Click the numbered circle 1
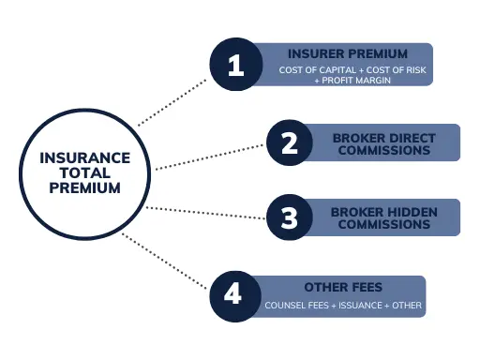(x=234, y=66)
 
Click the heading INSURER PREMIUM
(x=347, y=53)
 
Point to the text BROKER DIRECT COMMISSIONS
(x=383, y=144)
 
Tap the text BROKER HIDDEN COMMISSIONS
(x=383, y=218)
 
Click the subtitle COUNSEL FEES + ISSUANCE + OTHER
(x=344, y=306)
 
